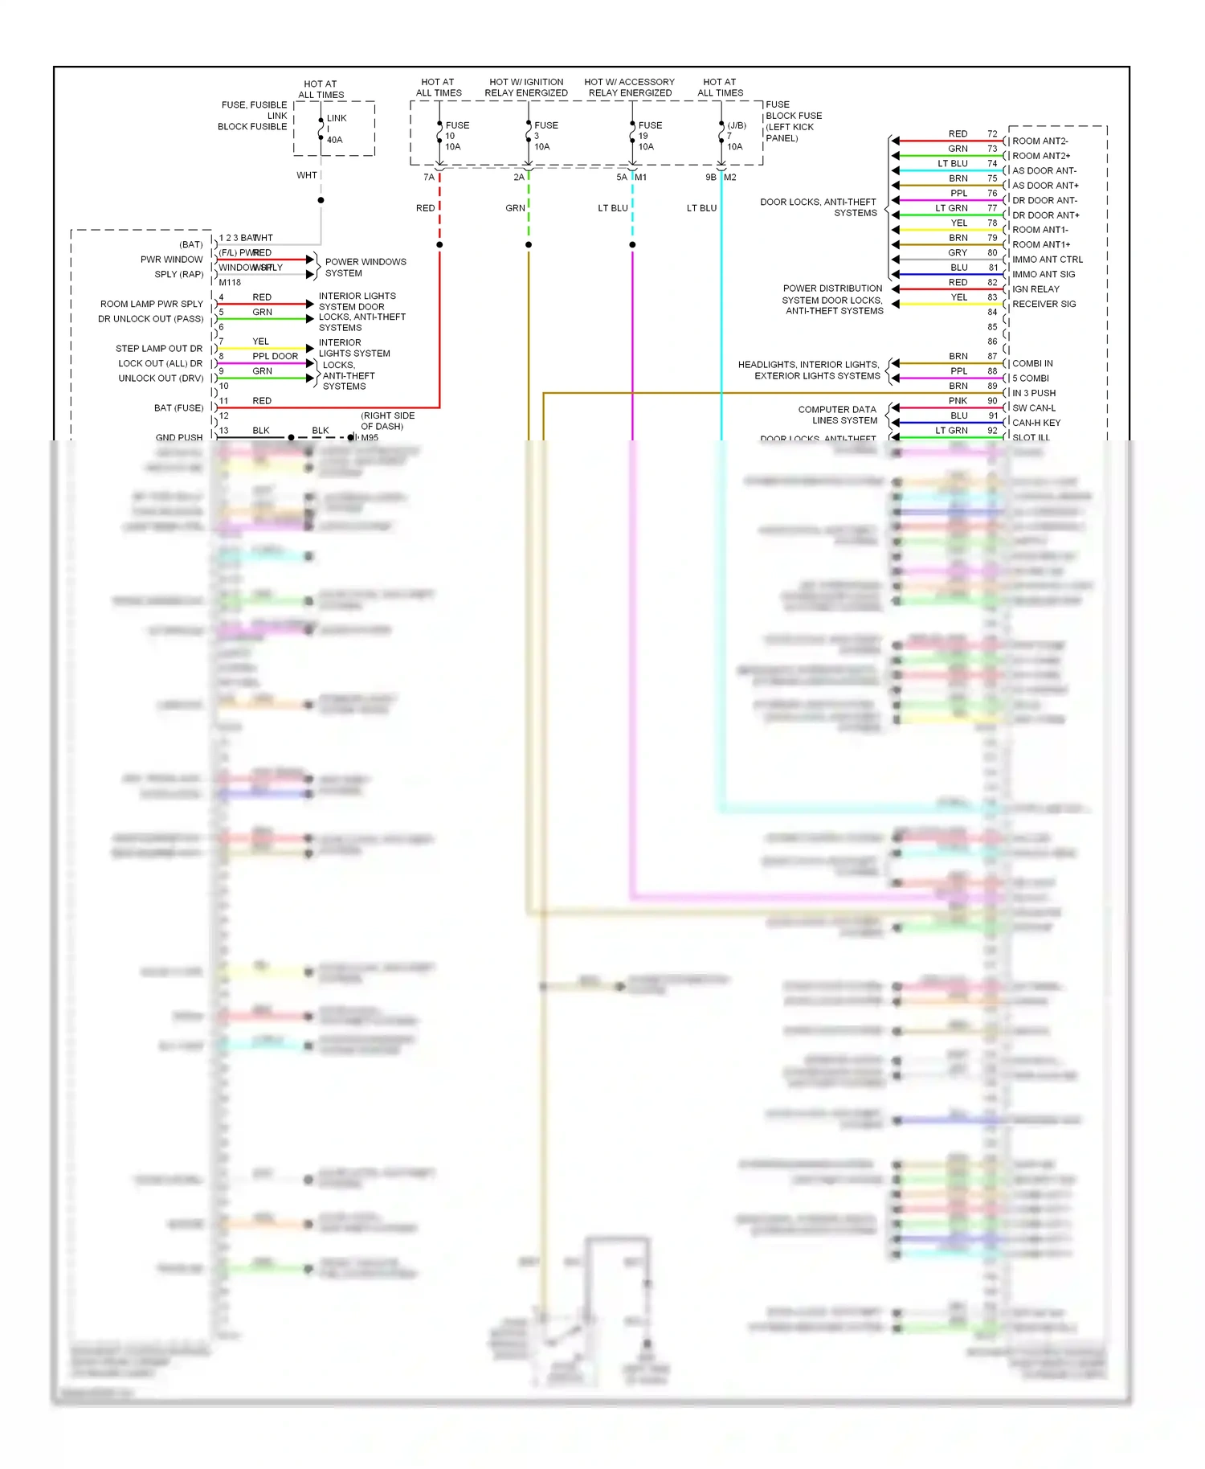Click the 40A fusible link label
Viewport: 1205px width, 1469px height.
(x=334, y=140)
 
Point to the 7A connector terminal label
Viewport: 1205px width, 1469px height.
(x=429, y=178)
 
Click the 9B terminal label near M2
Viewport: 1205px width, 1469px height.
(x=710, y=178)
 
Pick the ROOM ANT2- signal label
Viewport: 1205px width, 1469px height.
(x=1040, y=141)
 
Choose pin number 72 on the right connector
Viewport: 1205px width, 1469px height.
(x=992, y=134)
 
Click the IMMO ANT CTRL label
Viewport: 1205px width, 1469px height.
(x=1047, y=260)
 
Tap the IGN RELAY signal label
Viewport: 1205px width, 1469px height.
(x=1035, y=289)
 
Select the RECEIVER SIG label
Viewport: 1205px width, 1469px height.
(x=1044, y=305)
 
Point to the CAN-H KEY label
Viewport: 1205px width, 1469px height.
(x=1036, y=423)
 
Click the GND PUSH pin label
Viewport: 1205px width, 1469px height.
(x=179, y=438)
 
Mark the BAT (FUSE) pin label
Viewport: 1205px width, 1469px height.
(x=178, y=408)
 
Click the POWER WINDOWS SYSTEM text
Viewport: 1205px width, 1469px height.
(x=365, y=268)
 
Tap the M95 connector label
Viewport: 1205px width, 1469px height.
(x=370, y=438)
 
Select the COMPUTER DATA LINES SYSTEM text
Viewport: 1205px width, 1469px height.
(x=837, y=415)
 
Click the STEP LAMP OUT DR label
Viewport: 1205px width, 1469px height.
(x=159, y=349)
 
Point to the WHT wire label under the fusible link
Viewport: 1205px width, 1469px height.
(x=307, y=175)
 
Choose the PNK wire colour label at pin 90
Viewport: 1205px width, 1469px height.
(x=958, y=401)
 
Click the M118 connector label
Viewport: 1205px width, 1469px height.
(x=230, y=283)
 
